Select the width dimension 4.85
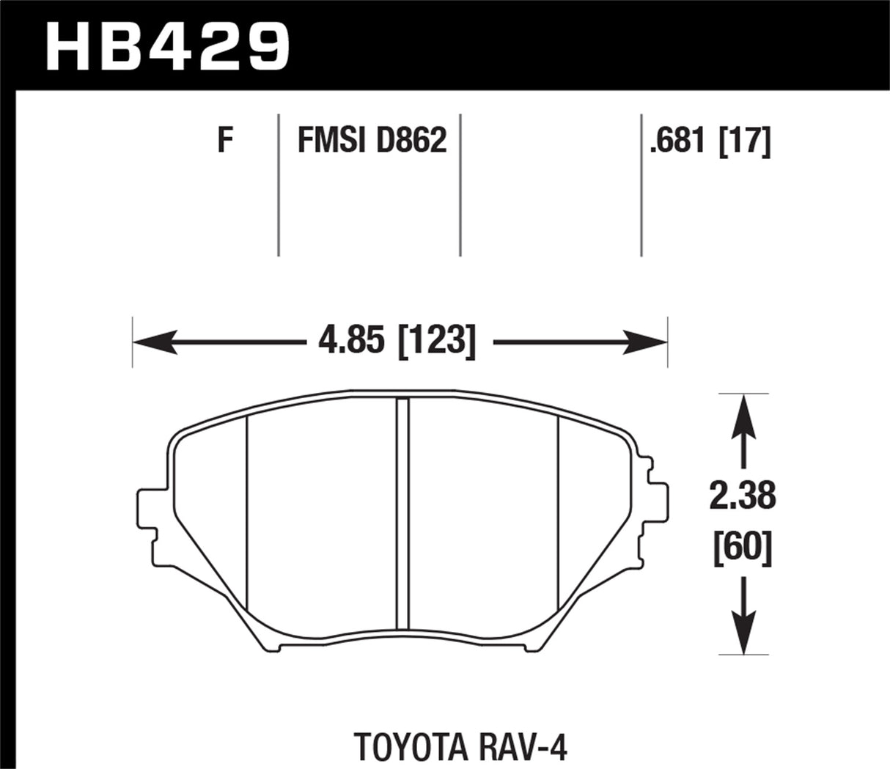[347, 341]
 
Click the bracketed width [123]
[436, 341]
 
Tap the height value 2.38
[743, 496]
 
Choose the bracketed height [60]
[743, 548]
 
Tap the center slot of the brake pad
[402, 513]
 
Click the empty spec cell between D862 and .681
[550, 183]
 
